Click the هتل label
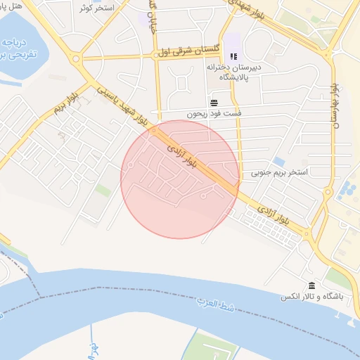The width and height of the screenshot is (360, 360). pyautogui.click(x=13, y=5)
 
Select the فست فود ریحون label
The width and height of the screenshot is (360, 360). pyautogui.click(x=214, y=114)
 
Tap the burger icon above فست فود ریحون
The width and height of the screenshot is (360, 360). pyautogui.click(x=214, y=103)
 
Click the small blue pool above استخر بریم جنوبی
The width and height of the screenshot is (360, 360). pyautogui.click(x=279, y=162)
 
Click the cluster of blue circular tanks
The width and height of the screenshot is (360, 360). pyautogui.click(x=347, y=188)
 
